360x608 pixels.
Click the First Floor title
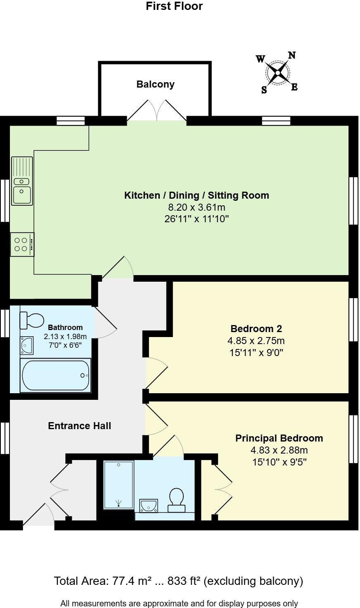174,6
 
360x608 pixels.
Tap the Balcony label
156,84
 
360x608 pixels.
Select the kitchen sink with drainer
22,180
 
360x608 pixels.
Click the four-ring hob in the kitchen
22,244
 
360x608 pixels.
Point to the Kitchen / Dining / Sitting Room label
197,195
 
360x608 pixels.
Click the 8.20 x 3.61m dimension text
197,207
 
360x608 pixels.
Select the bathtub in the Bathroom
55,375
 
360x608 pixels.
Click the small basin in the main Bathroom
27,345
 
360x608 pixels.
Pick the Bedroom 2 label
256,329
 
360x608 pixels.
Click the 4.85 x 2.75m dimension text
256,341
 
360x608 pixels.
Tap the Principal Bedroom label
279,438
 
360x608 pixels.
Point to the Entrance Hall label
80,426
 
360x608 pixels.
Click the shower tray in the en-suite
118,485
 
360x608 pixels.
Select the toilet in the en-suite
177,499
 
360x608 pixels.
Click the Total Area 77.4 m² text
178,581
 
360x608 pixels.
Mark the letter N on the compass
291,55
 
